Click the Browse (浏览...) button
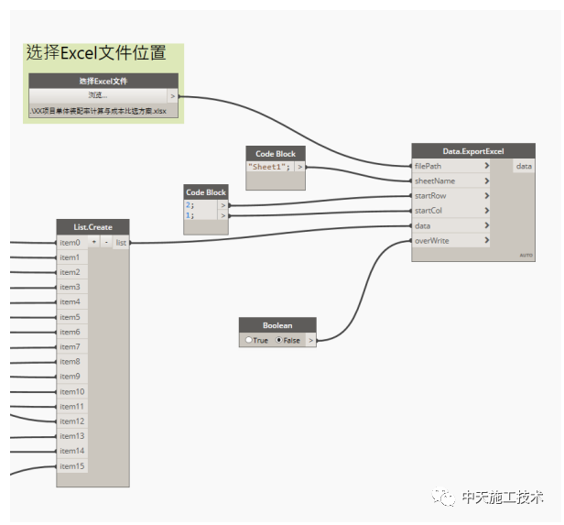coord(97,95)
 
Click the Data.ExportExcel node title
coord(472,151)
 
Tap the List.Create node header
coord(92,226)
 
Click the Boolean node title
coord(277,324)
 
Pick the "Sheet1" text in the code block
coord(269,168)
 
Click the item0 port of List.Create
coord(70,243)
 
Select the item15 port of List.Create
coord(71,466)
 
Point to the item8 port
coord(70,362)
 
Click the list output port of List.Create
coord(121,243)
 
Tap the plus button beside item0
coord(94,243)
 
